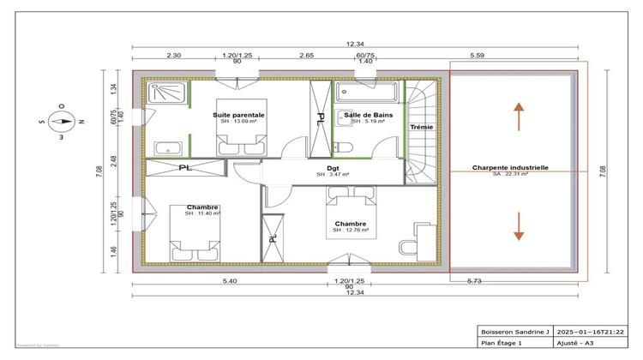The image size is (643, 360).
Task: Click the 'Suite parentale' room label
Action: coord(238,114)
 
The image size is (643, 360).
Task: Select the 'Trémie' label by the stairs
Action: coord(421,127)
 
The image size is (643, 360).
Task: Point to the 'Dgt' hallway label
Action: coord(333,168)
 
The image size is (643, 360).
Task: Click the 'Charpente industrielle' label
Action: coord(510,168)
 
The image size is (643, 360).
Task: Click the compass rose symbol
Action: coord(62,121)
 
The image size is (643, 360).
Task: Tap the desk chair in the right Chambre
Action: coord(406,247)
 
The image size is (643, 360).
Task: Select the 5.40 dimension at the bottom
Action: coord(230,281)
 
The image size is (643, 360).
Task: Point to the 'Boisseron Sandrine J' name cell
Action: coord(513,331)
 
